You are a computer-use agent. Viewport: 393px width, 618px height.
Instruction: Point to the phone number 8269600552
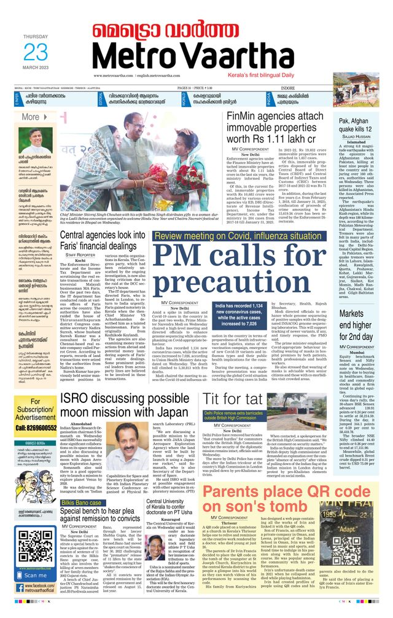(36, 424)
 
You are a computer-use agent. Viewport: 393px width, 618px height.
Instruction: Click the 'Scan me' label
(36, 576)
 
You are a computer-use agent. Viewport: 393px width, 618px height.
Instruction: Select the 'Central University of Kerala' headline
(169, 510)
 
